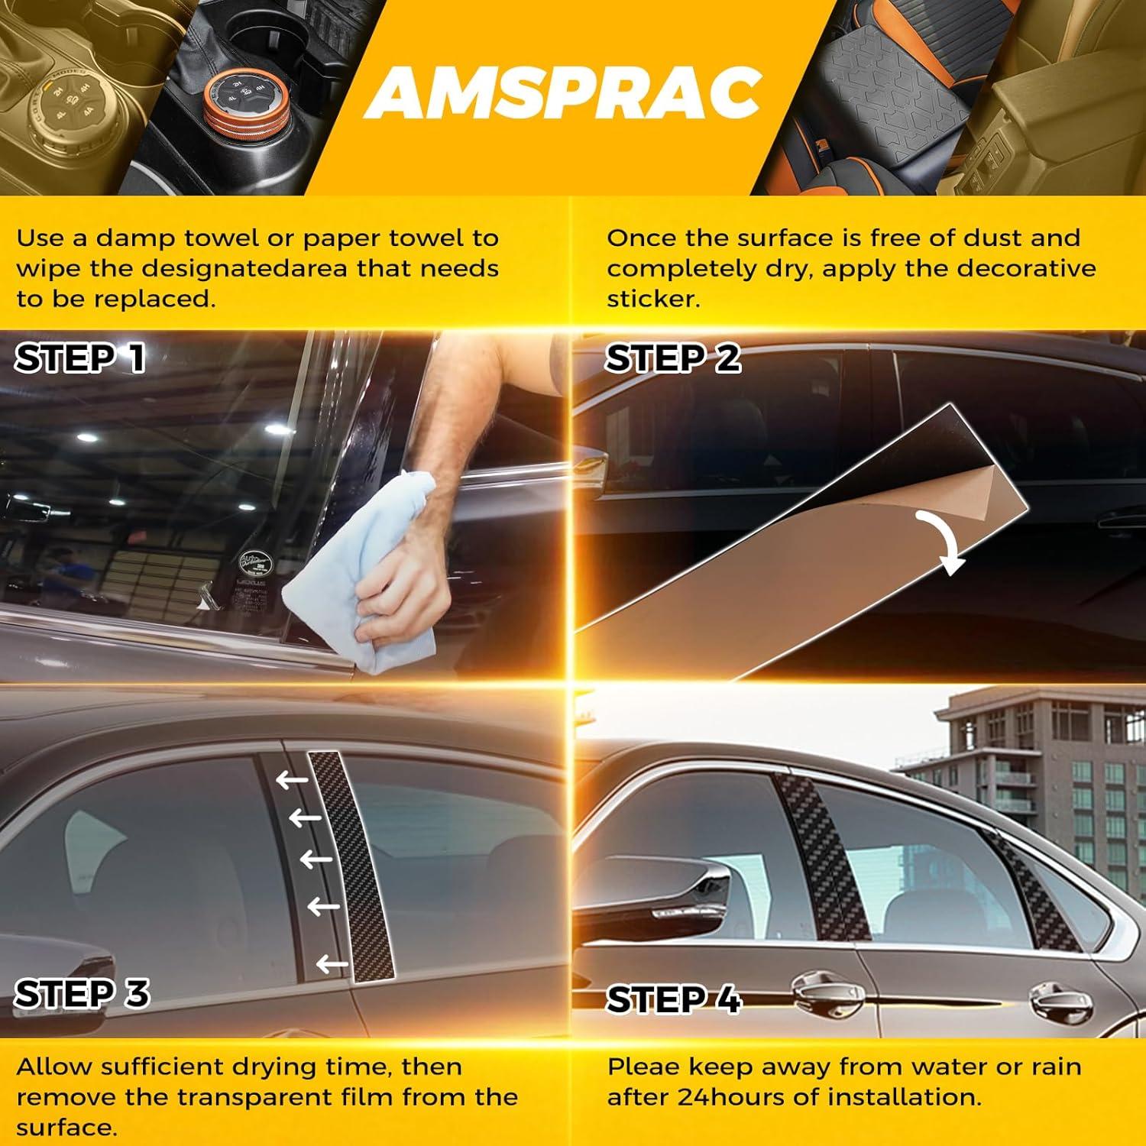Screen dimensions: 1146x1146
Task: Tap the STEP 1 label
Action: coord(80,358)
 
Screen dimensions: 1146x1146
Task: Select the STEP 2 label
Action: coord(672,358)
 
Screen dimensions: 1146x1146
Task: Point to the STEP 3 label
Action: coord(82,994)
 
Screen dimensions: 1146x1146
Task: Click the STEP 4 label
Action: coord(674,999)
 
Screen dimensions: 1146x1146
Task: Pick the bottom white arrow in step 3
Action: coord(332,964)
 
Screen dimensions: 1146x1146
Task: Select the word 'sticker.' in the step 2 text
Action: coord(653,299)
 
